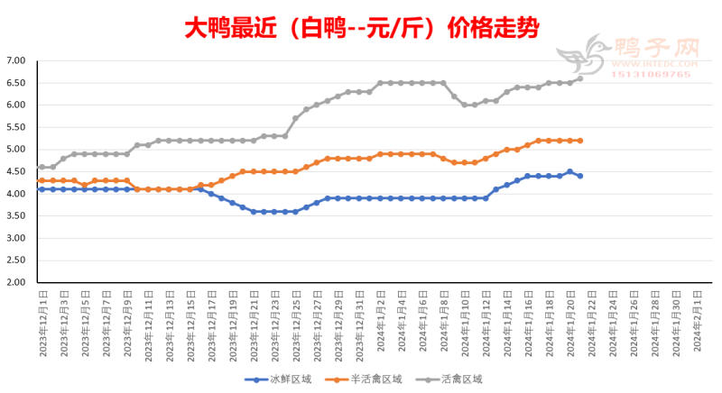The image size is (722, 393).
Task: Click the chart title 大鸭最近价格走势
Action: (x=361, y=27)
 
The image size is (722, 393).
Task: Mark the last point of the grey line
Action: (x=579, y=78)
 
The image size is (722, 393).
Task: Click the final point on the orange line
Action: (x=579, y=141)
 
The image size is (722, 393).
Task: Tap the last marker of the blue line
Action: (x=579, y=176)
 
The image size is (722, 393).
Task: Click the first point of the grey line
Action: (x=42, y=167)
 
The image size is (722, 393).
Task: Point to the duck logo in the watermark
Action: (x=583, y=56)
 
